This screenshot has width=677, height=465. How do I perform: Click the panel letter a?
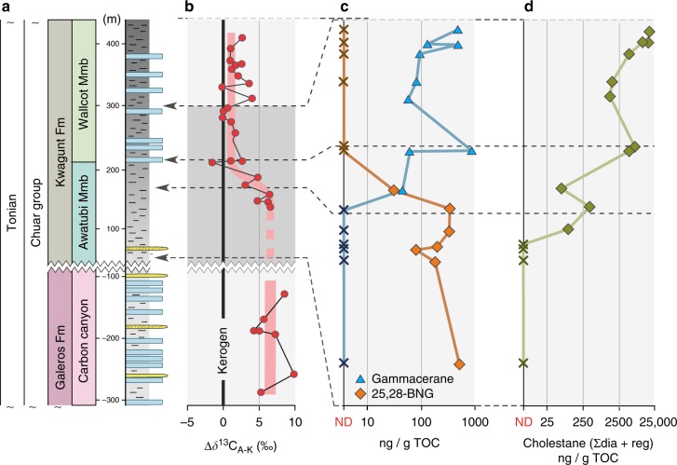pyautogui.click(x=6, y=7)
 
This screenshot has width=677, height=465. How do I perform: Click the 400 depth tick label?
pyautogui.click(x=112, y=44)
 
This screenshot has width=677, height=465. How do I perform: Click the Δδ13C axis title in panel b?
pyautogui.click(x=241, y=439)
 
